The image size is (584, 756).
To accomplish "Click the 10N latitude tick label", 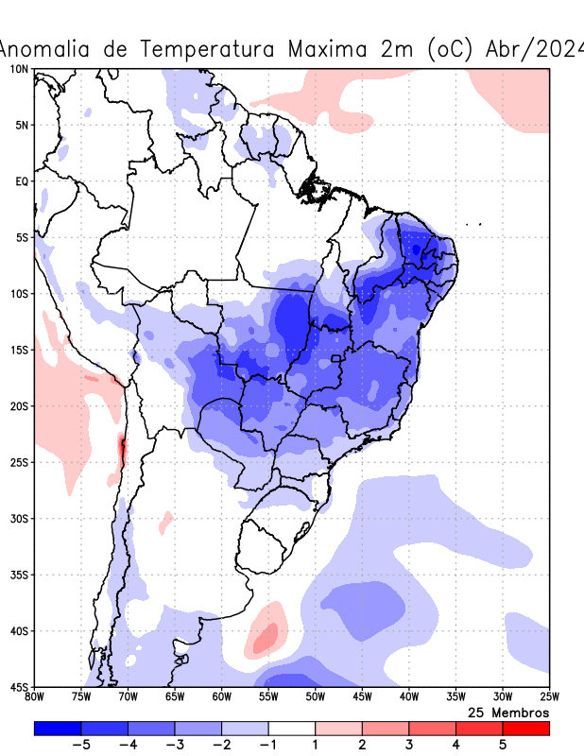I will click(18, 69).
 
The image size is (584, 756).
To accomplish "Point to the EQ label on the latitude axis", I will click(20, 180).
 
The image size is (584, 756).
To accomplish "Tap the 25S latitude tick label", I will click(18, 462).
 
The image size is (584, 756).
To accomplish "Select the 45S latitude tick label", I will click(18, 687).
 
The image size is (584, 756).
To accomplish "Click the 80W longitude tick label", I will click(34, 697).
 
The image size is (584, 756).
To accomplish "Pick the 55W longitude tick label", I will click(268, 697).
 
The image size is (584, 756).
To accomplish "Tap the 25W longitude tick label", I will click(548, 697).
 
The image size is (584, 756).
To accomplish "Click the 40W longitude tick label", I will click(408, 697).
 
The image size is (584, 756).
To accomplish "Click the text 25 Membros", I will click(508, 712).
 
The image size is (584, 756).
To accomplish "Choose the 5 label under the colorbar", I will click(503, 745).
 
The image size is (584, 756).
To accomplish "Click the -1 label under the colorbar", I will click(267, 745).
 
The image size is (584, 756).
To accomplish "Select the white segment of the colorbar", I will click(292, 729).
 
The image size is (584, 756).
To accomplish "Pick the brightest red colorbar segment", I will click(525, 729).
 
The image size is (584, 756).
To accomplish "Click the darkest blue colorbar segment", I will click(57, 729).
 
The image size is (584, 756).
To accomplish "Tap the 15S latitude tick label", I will click(18, 350).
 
